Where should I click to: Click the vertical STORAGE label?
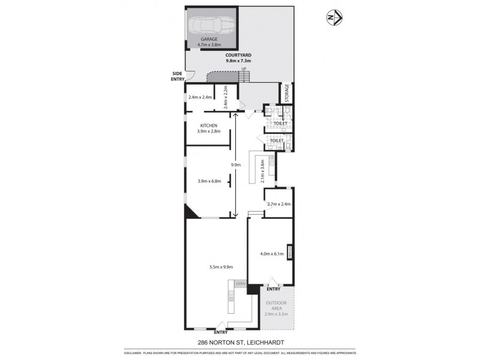(287, 94)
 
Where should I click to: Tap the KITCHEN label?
(208, 125)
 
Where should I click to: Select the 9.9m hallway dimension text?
(236, 165)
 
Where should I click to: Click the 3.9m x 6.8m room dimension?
(209, 181)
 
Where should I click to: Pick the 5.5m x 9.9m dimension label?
(220, 266)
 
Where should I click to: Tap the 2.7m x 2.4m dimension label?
(278, 204)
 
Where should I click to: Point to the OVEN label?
(241, 283)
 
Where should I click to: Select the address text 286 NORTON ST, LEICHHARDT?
(240, 342)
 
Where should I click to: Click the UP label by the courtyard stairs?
(244, 70)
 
